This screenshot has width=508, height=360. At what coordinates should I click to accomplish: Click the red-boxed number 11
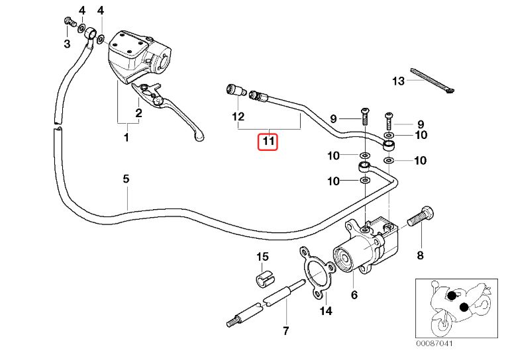coord(268,141)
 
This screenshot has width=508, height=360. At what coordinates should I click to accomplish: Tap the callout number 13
coord(397,81)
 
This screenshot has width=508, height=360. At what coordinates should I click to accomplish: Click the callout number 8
coord(419,255)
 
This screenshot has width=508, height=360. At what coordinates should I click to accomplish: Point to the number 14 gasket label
coord(326,311)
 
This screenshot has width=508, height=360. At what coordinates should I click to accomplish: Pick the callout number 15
coord(262,256)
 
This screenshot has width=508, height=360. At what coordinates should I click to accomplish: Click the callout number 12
coord(238,116)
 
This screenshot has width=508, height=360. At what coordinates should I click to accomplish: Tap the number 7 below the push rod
coord(285,330)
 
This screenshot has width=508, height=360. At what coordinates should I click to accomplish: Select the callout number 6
coord(354,295)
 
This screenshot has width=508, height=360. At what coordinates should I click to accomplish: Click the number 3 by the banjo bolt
coord(67,44)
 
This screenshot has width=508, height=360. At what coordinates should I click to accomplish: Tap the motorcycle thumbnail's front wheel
coord(441,325)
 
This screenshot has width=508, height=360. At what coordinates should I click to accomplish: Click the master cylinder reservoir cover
coord(124,42)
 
